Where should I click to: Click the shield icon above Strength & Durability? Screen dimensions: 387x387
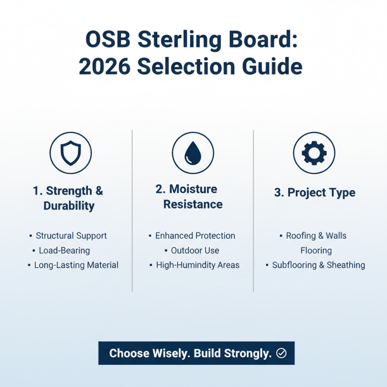click(x=71, y=153)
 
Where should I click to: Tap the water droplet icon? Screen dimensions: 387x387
click(x=193, y=153)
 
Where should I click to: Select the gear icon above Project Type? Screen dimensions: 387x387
click(x=314, y=153)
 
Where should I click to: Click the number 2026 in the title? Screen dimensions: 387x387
click(x=104, y=66)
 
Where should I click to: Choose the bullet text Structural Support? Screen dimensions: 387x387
click(x=71, y=236)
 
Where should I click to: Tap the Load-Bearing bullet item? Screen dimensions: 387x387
click(x=64, y=251)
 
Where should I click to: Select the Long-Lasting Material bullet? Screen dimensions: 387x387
click(x=76, y=265)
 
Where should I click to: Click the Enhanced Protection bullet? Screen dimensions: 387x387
click(x=195, y=236)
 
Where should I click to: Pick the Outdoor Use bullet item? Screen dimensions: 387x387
click(x=195, y=251)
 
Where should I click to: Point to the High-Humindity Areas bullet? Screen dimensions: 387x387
click(x=197, y=265)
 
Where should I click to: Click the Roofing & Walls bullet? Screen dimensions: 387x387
click(x=316, y=236)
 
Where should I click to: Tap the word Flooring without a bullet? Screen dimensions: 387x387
click(x=316, y=251)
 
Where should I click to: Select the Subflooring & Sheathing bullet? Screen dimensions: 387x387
click(x=318, y=265)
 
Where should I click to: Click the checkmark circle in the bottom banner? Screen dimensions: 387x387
click(x=281, y=354)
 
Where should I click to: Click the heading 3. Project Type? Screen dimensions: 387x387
click(x=314, y=193)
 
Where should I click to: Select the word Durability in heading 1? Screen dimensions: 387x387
click(x=69, y=206)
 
